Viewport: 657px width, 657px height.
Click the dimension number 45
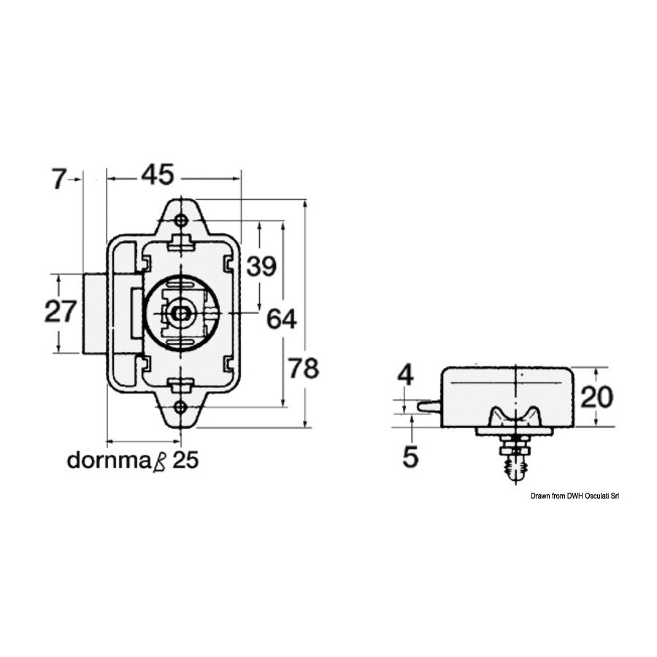coord(157,174)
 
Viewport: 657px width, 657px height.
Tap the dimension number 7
coord(58,179)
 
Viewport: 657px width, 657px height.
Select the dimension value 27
coord(61,311)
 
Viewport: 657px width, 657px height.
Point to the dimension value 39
coord(261,266)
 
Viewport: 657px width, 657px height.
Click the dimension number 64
coord(282,318)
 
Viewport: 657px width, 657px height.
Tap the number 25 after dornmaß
coord(185,460)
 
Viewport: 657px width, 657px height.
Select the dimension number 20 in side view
coord(596,397)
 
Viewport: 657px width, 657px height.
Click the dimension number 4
coord(405,374)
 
